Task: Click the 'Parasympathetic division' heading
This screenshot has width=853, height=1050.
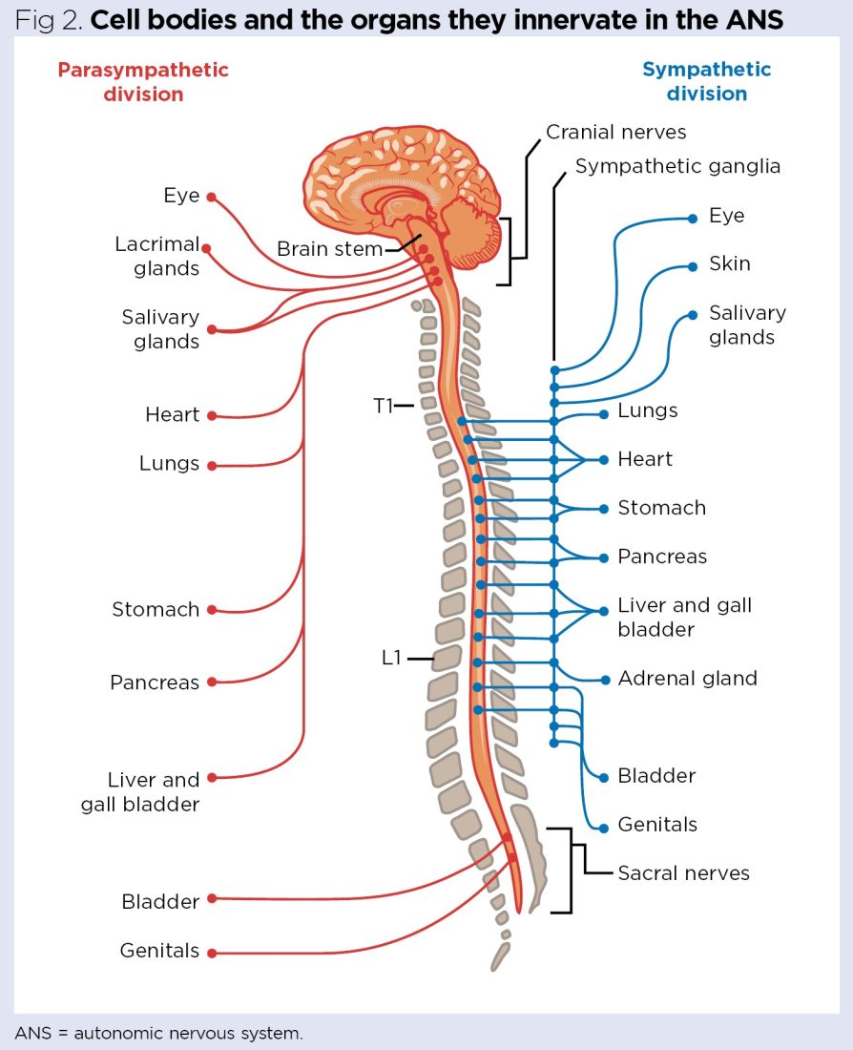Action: [143, 82]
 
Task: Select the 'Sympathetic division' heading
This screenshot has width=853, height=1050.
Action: [706, 82]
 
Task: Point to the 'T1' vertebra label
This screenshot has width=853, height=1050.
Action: [384, 406]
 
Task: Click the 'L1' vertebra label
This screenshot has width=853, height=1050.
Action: [392, 658]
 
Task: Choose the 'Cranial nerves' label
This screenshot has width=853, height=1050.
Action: [615, 132]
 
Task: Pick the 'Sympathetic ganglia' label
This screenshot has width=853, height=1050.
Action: [677, 166]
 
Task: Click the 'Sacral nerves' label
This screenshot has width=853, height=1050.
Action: [683, 872]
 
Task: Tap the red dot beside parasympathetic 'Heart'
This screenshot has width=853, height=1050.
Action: [212, 416]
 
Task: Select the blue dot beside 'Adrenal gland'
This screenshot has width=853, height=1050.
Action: [604, 680]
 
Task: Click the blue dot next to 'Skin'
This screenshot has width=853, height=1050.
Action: [693, 266]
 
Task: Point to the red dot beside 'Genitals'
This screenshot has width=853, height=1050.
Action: [212, 953]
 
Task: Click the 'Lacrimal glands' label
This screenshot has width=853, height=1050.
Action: [157, 257]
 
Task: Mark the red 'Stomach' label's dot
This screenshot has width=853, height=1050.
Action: [212, 610]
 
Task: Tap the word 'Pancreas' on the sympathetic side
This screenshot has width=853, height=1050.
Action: [662, 556]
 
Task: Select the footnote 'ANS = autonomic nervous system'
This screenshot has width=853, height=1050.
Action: [158, 1032]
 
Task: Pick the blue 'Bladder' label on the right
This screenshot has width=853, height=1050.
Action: [656, 776]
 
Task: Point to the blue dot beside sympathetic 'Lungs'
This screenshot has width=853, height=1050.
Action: [604, 414]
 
